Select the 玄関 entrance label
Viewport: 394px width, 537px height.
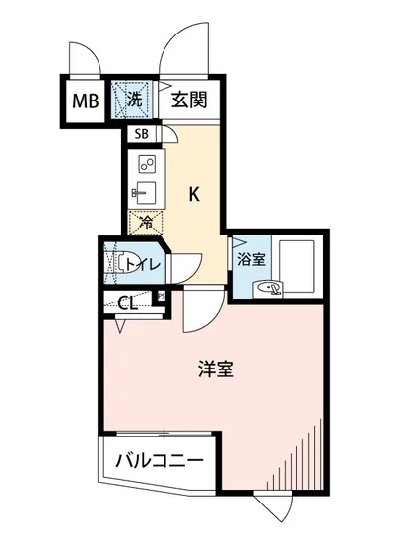188,99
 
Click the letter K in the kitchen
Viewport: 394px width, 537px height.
195,194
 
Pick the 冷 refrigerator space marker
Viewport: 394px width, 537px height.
145,224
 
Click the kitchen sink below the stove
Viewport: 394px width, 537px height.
143,190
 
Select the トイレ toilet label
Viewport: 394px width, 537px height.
143,263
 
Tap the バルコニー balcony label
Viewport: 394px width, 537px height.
159,460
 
